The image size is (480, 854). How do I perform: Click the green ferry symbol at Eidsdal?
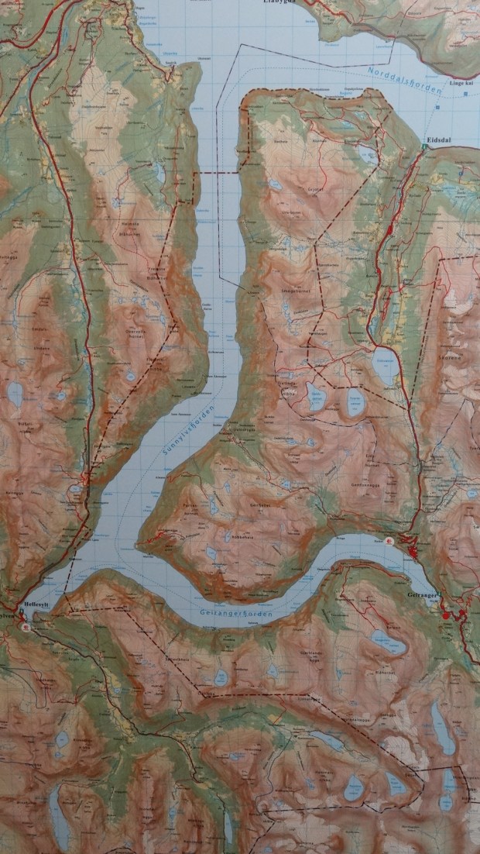coord(424,145)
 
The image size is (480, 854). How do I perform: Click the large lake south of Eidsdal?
coord(385,365)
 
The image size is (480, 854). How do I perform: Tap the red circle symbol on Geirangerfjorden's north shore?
coord(389,541)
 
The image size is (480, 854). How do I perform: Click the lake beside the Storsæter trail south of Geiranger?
coord(385,640)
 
